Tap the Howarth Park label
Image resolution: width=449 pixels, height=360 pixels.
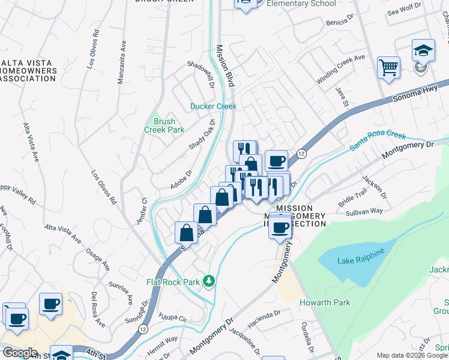(325, 302)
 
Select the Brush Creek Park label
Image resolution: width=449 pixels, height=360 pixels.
(164, 125)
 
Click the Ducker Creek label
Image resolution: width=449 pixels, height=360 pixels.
(214, 106)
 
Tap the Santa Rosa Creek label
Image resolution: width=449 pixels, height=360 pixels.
(379, 142)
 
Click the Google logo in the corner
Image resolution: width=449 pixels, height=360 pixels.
(20, 353)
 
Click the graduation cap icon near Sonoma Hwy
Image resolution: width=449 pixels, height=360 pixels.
(423, 50)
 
